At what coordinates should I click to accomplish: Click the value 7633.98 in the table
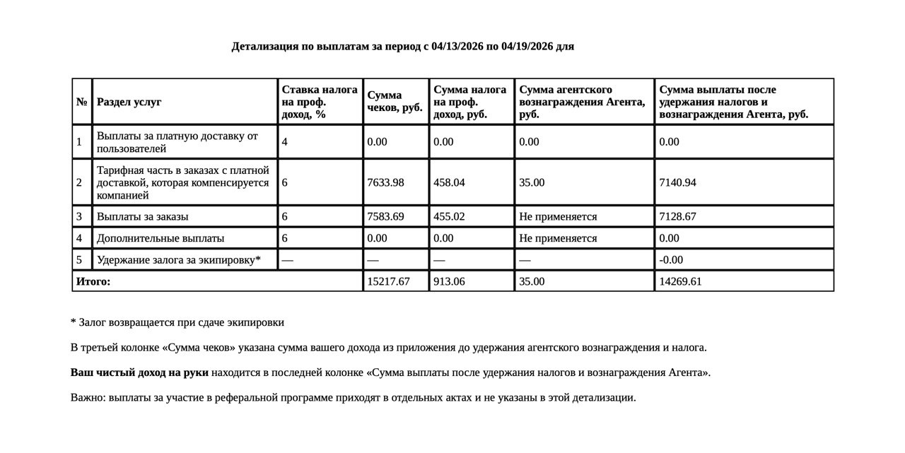coord(385,182)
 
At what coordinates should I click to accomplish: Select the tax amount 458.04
coord(449,182)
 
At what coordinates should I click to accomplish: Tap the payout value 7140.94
coord(677,182)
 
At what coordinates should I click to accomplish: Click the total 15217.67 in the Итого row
coord(388,281)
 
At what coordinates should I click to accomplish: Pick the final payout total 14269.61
coord(680,281)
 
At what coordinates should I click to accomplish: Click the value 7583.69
coord(385,216)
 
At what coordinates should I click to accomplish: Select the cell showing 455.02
coord(449,216)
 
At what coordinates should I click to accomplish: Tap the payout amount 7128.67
coord(677,216)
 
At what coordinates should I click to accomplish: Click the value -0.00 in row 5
coord(671,260)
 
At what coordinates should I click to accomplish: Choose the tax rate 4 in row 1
coord(284,142)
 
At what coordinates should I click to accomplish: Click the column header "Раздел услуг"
coord(129,102)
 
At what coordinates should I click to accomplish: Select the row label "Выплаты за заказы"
coord(142,216)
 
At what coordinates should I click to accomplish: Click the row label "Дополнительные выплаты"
coord(160,238)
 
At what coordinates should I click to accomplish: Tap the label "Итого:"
coord(93,281)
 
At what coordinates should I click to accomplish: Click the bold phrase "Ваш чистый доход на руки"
coord(139,372)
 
